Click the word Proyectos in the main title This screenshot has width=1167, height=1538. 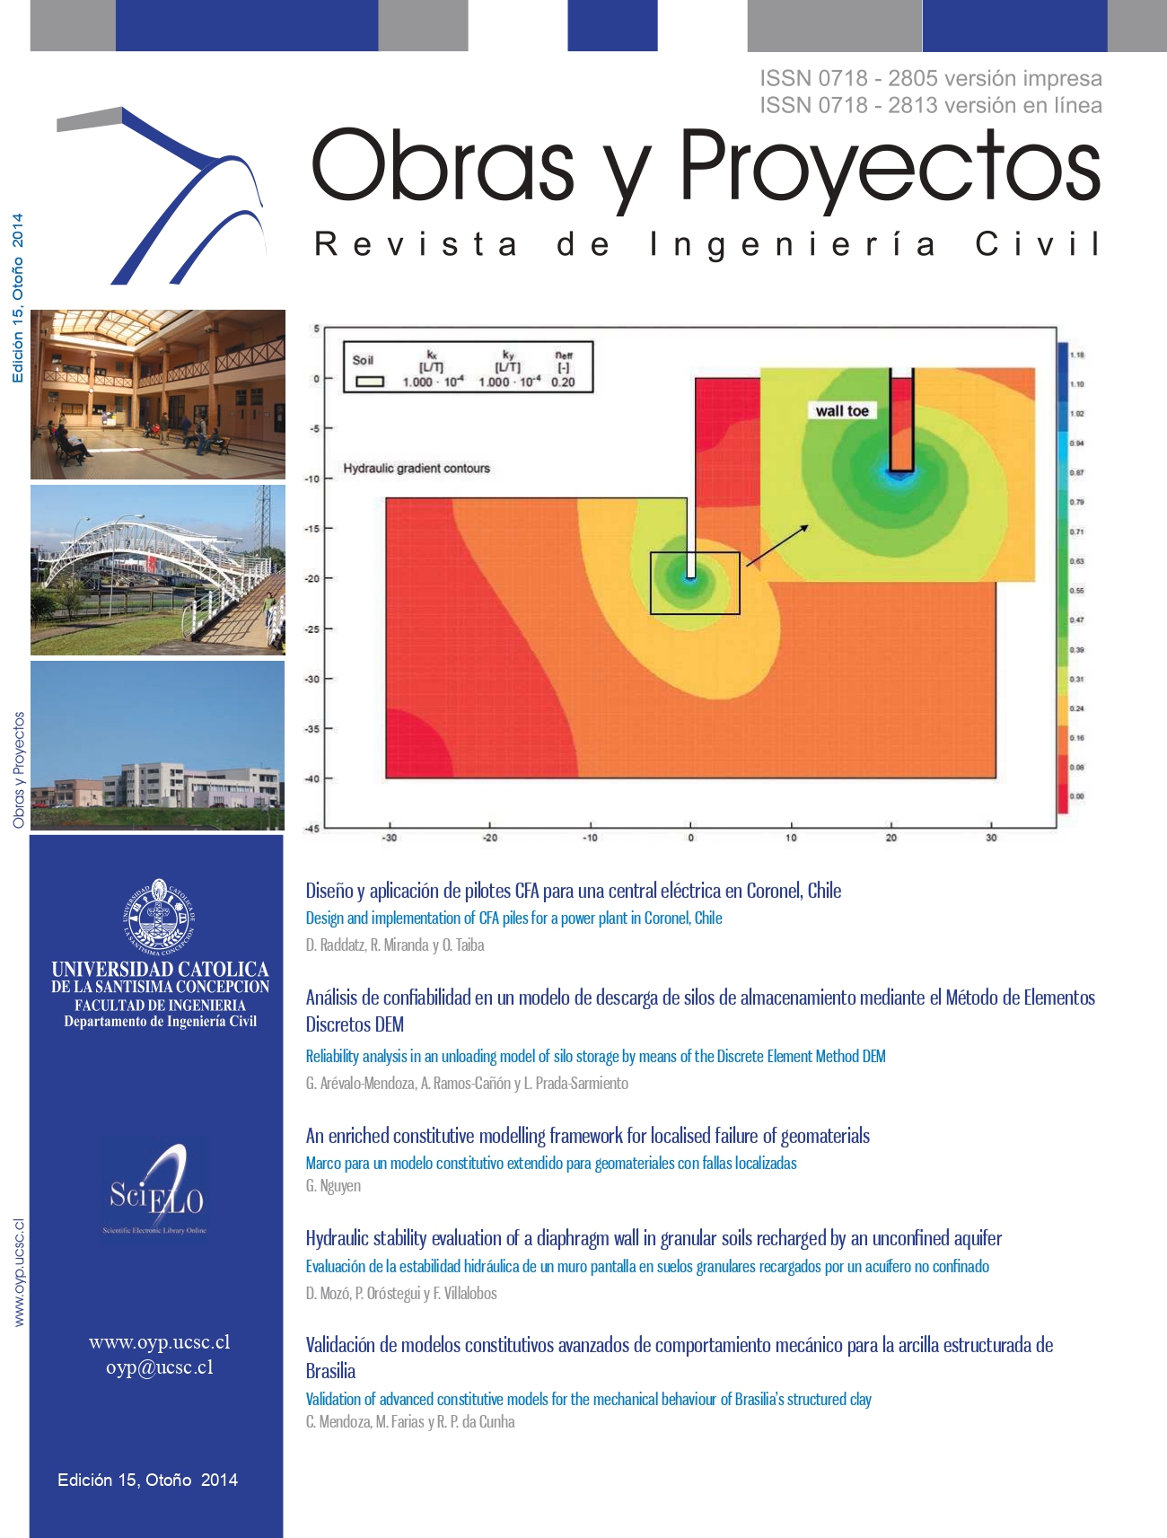[889, 166]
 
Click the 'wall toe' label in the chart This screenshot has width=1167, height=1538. [841, 411]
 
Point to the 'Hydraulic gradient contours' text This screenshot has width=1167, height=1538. [417, 469]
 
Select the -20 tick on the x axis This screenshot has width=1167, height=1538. [489, 838]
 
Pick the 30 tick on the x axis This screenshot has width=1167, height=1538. [991, 838]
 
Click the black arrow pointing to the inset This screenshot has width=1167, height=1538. [777, 545]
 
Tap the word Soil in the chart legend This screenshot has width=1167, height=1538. [363, 360]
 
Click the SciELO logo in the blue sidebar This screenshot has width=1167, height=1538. [158, 1192]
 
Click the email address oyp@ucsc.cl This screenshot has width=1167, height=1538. [160, 1367]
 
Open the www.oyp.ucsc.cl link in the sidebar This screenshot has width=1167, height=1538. [160, 1342]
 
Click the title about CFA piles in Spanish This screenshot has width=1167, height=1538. [573, 891]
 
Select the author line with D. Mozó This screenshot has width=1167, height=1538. [400, 1294]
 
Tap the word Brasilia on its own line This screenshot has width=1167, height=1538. [330, 1371]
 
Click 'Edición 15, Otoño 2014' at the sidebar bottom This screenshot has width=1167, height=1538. [147, 1480]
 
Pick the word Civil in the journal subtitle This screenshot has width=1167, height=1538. [1037, 244]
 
